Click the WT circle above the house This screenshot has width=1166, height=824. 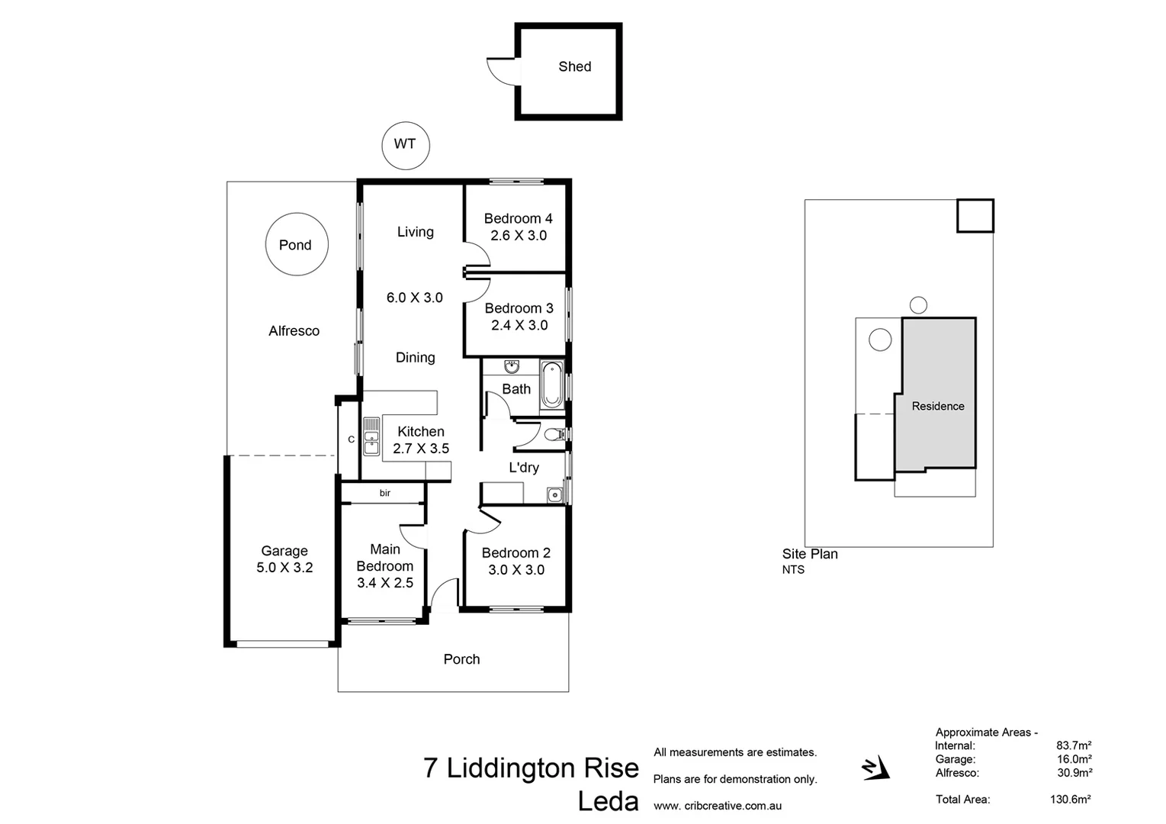pos(405,145)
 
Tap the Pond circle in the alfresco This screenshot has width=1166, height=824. pos(296,245)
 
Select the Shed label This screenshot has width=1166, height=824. pos(574,67)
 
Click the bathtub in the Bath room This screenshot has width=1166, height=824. pos(551,386)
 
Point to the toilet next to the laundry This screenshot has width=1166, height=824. pos(556,435)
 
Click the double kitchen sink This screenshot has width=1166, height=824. pos(371,436)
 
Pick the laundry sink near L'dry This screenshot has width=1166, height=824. pos(555,495)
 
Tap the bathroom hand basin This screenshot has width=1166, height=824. pos(511,368)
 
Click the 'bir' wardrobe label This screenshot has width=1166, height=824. pos(385,494)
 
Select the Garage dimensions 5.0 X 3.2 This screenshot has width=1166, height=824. pos(284,568)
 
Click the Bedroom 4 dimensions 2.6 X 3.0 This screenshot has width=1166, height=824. pos(519,236)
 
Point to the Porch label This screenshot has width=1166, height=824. pos(461,659)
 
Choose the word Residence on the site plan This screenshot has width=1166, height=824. pos(937,407)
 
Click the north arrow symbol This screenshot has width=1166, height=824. pos(875,768)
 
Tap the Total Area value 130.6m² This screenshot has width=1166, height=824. pos(1070,800)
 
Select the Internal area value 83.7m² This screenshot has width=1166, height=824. pos(1073,745)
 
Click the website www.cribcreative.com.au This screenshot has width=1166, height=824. pos(717,806)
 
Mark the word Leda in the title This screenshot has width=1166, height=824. pos(608,801)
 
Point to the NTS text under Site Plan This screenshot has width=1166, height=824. pos(793,570)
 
